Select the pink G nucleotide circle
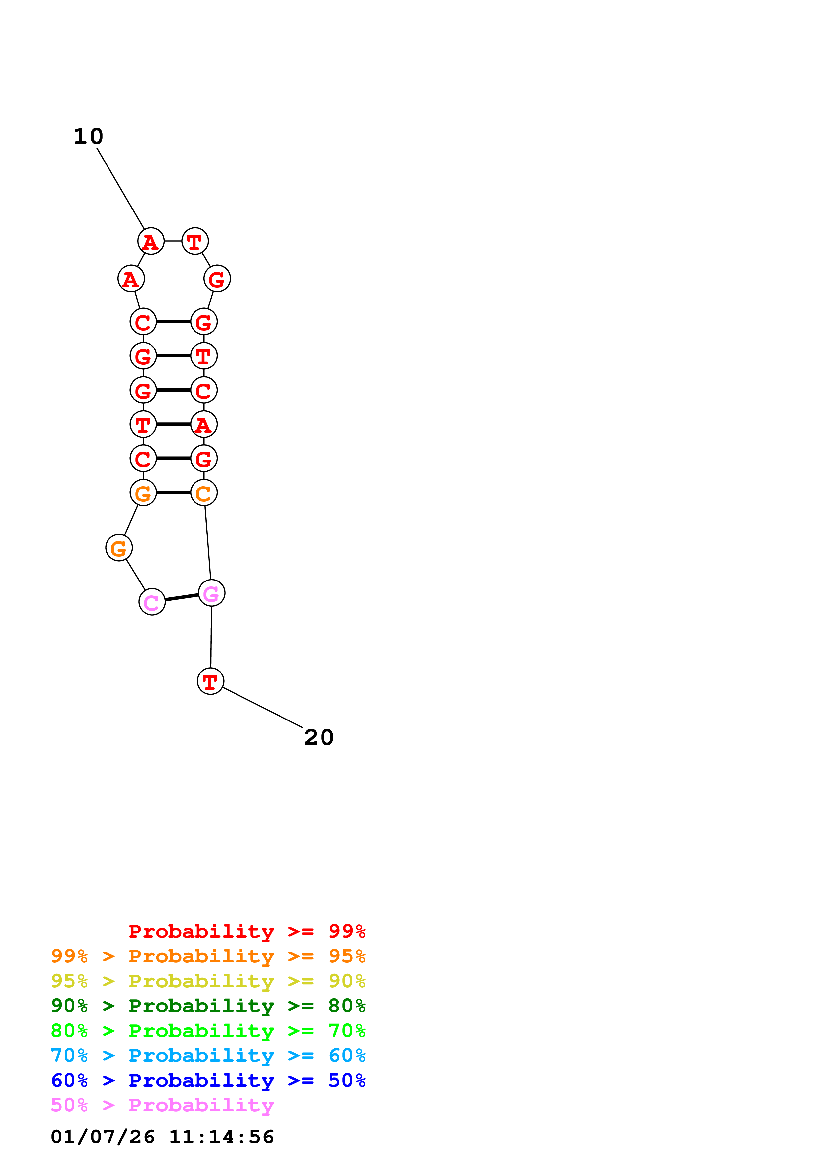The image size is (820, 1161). [211, 593]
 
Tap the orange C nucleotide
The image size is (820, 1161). [204, 492]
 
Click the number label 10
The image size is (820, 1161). [88, 137]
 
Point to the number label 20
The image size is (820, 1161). [318, 737]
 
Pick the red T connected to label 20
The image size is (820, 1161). [210, 681]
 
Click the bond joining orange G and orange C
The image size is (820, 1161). [173, 492]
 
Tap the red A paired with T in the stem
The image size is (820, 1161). [204, 424]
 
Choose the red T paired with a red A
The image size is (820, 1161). [143, 424]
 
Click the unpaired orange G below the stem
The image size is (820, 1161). [119, 548]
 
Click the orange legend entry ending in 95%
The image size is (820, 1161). [208, 956]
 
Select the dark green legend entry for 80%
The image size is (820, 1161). [208, 1006]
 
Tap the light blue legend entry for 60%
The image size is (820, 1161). [208, 1055]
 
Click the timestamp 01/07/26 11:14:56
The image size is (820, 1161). [162, 1137]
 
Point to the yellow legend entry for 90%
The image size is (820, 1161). [208, 981]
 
